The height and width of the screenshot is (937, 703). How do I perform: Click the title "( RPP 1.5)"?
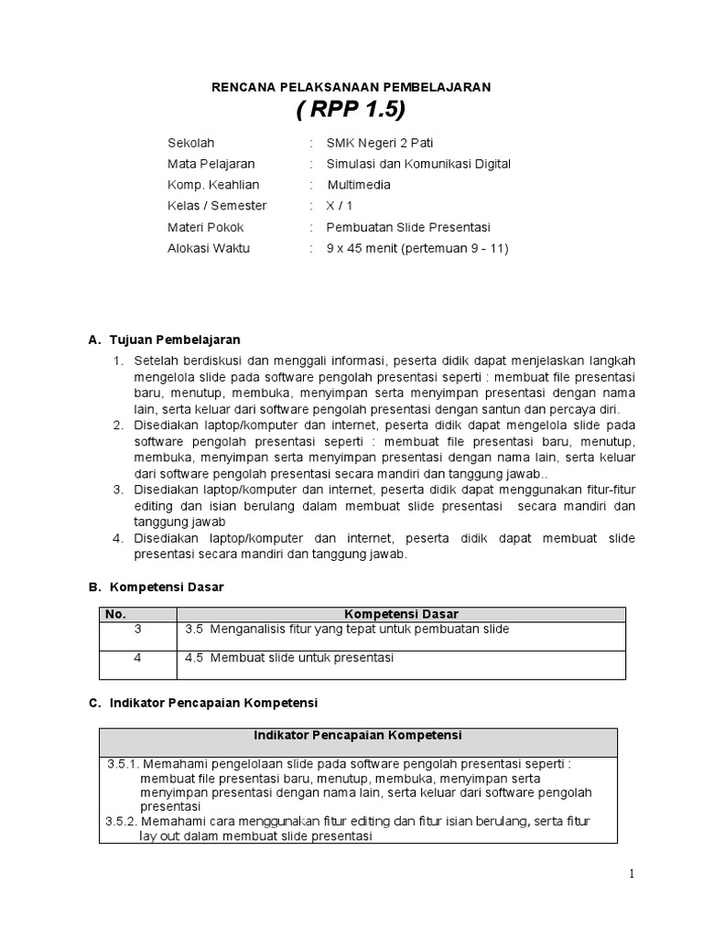[351, 112]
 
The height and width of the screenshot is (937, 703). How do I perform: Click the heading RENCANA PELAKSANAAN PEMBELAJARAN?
[351, 87]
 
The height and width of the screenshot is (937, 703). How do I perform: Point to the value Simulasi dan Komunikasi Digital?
[418, 164]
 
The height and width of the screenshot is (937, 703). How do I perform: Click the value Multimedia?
[359, 185]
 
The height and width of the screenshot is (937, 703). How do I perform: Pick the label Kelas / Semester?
[217, 206]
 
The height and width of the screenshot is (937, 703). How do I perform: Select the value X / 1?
[339, 206]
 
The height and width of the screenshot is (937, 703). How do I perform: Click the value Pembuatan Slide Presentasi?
[408, 227]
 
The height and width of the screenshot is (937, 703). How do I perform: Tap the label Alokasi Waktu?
[208, 248]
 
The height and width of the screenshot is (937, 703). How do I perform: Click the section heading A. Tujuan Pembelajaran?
[163, 339]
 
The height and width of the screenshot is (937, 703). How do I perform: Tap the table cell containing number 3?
[138, 630]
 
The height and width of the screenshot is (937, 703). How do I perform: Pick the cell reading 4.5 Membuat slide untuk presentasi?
[288, 658]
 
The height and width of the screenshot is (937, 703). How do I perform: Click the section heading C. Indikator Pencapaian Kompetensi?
[201, 703]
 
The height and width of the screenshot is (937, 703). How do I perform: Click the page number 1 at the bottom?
[631, 874]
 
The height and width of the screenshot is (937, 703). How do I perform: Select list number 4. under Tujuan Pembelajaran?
[118, 538]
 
